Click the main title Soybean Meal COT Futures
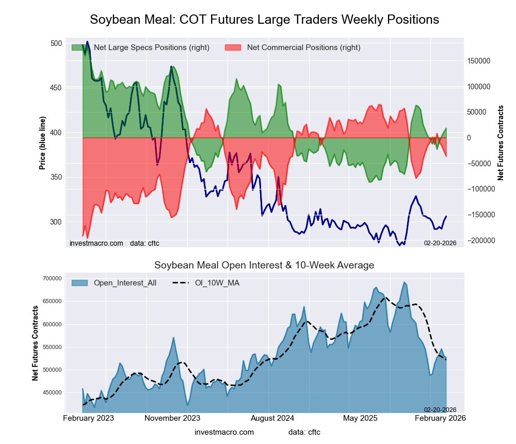click(x=264, y=20)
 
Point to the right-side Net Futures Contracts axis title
click(x=500, y=143)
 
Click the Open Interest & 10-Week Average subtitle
click(x=264, y=265)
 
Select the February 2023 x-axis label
click(x=88, y=418)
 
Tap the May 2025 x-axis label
click(x=360, y=418)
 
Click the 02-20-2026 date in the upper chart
click(x=440, y=242)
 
